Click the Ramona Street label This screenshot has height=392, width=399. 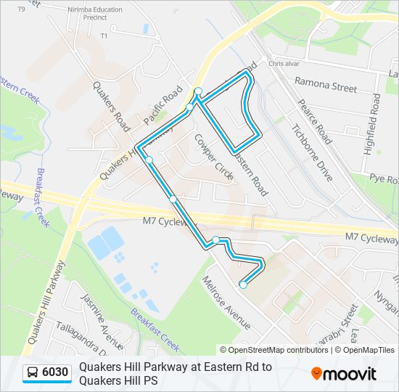(325, 87)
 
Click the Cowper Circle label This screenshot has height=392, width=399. (215, 157)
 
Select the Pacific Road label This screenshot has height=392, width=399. (162, 107)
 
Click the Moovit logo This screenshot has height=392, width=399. (344, 374)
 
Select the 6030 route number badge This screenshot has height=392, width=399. (54, 373)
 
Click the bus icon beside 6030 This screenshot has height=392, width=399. (33, 373)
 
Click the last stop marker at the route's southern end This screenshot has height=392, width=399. (243, 285)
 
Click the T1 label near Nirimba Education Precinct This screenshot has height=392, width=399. (104, 36)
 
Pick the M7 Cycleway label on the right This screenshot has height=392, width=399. (371, 237)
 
